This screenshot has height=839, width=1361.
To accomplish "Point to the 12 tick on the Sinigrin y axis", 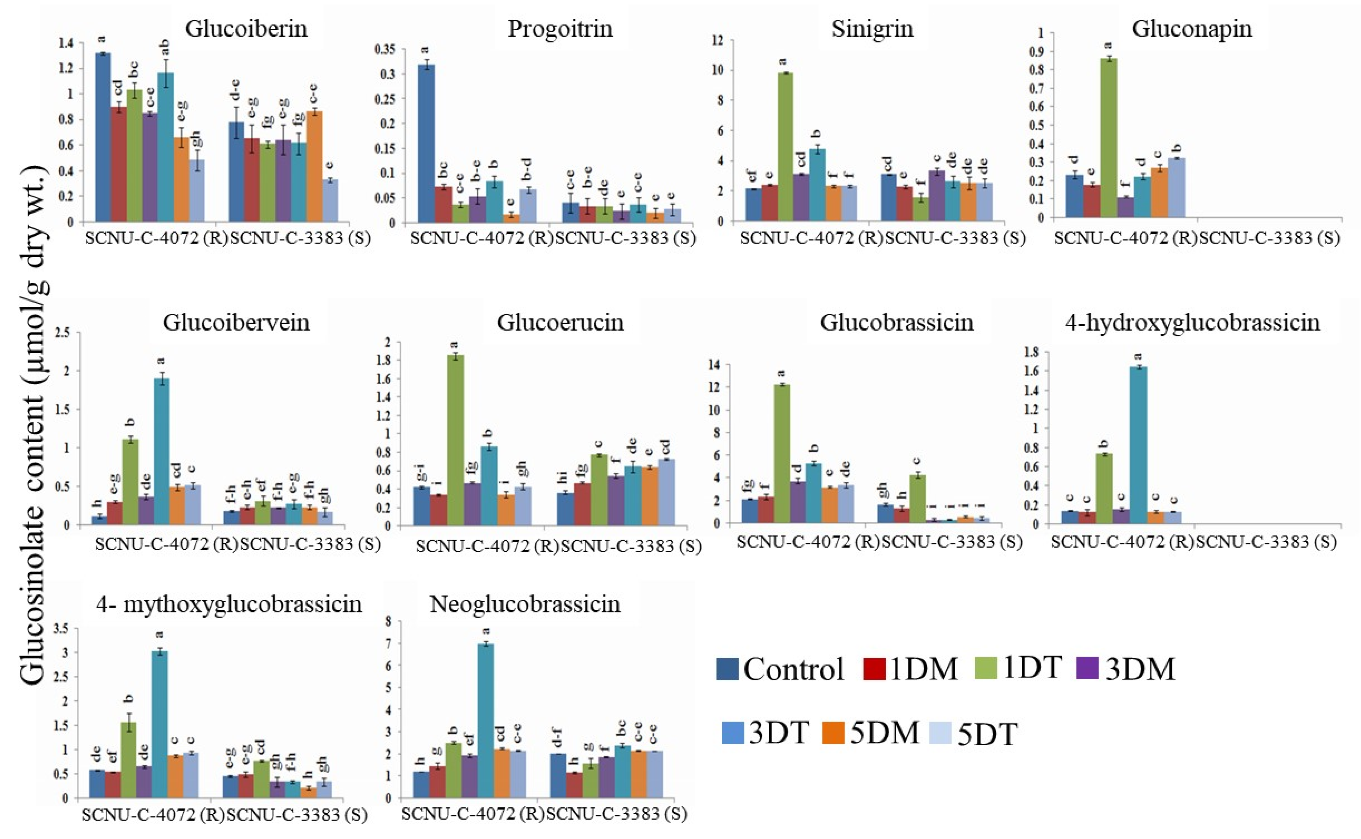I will pyautogui.click(x=720, y=40).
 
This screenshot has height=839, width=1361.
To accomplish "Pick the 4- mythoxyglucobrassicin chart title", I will pyautogui.click(x=229, y=604).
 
